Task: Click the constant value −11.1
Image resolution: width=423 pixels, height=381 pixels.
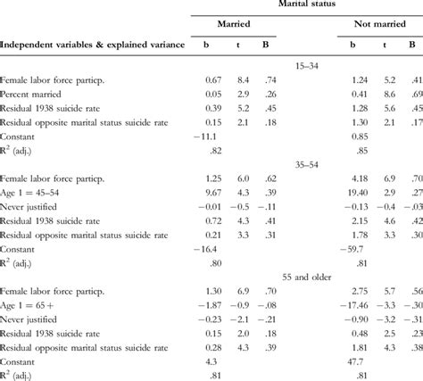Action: tap(209, 136)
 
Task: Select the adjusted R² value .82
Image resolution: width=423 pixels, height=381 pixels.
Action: tap(212, 150)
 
